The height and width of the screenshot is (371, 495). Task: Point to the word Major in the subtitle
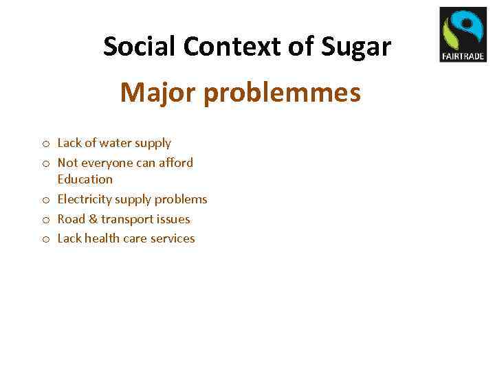point(158,92)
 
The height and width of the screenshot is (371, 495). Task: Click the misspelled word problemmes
point(283,92)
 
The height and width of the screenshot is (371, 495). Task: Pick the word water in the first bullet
point(118,143)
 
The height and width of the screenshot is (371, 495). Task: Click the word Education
point(85,179)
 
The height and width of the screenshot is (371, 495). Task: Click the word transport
point(126,219)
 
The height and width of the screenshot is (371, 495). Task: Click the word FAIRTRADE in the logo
point(463,56)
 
